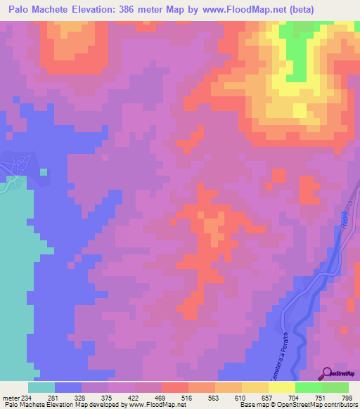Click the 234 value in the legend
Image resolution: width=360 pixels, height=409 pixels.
point(27,397)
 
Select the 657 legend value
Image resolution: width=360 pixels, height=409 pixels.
point(267,397)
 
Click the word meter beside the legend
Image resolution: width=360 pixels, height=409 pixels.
point(11,397)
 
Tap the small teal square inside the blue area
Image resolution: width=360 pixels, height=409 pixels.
point(44,171)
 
